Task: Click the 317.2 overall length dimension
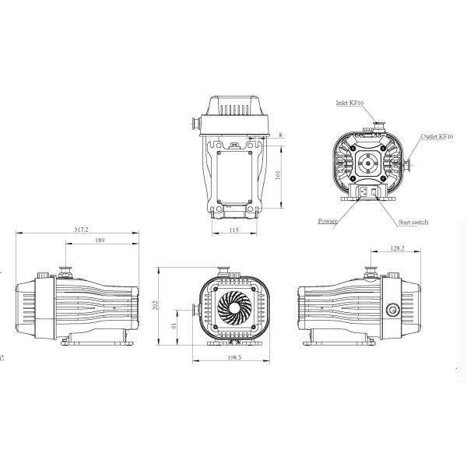[81, 230]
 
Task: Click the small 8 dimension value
[280, 135]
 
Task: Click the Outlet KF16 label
[437, 136]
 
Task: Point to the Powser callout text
[328, 221]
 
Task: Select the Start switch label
[413, 223]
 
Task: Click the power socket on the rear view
[363, 191]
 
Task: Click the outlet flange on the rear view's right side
[409, 164]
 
